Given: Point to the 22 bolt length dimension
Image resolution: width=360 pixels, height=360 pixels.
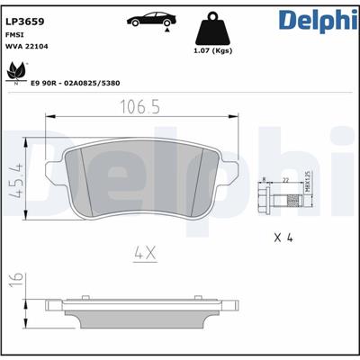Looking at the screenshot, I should pyautogui.click(x=285, y=180).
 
